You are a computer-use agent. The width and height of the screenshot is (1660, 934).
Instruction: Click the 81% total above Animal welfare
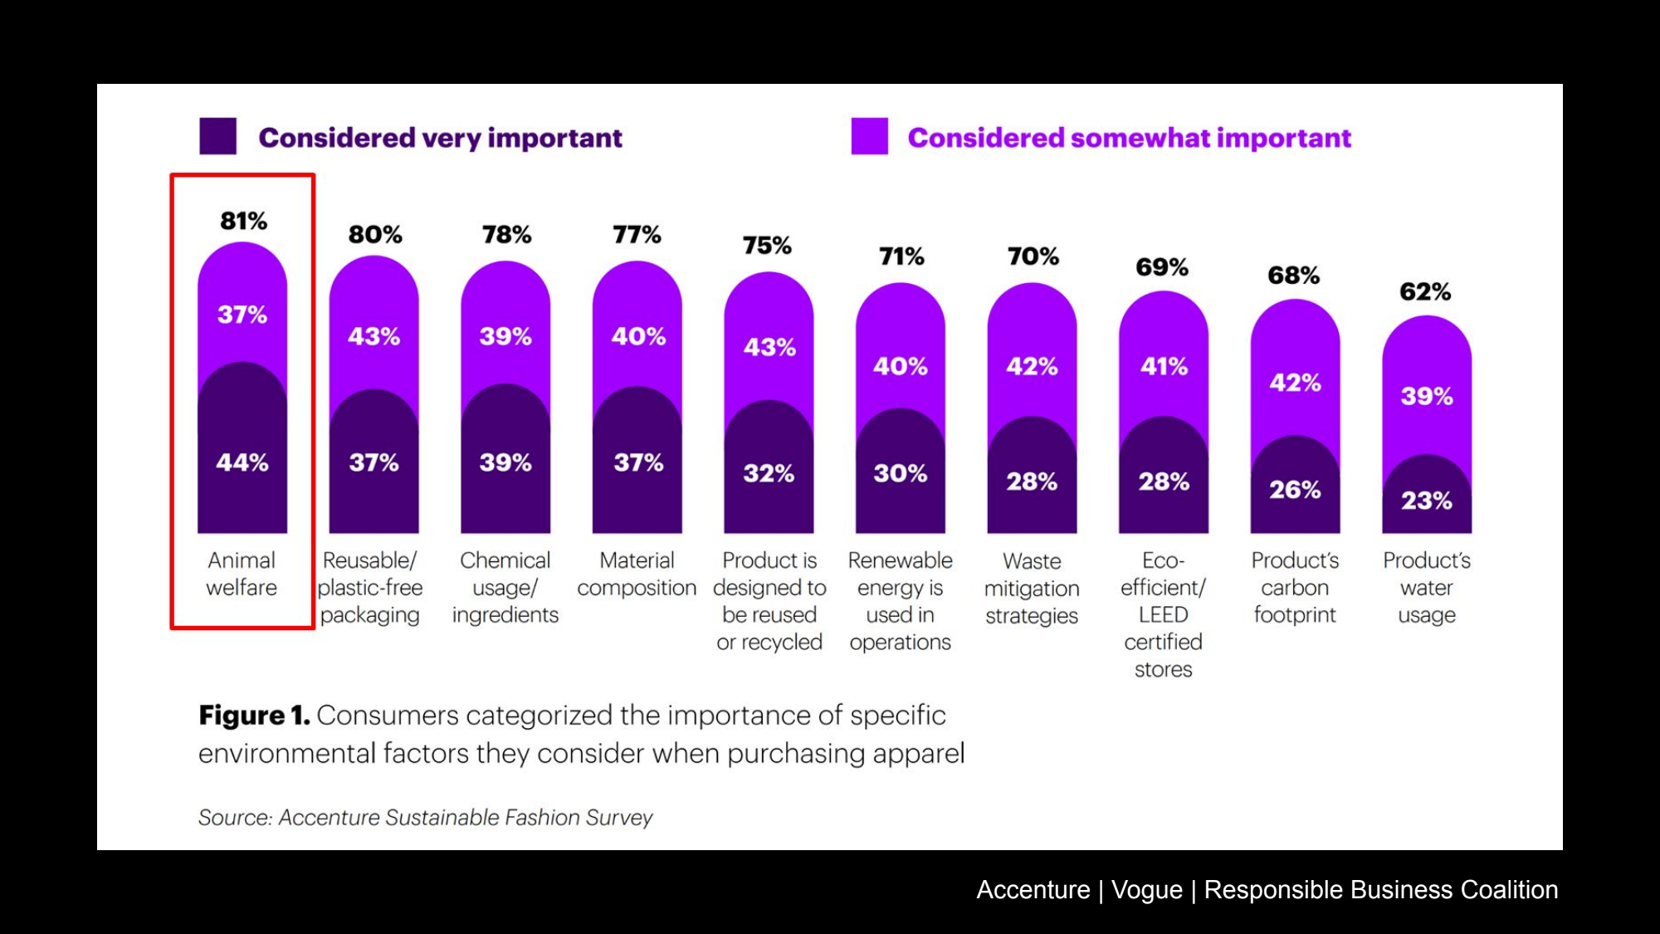tap(243, 221)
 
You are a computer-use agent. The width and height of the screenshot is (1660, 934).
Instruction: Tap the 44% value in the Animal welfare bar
tap(242, 462)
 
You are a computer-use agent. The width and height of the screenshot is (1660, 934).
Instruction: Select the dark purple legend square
tap(217, 136)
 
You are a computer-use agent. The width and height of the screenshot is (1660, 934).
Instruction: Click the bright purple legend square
tap(869, 136)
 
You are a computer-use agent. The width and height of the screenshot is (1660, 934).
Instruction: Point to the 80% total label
tap(375, 234)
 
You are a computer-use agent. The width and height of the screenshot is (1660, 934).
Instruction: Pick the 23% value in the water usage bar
tap(1427, 501)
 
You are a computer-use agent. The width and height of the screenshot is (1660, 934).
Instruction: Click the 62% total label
tap(1425, 291)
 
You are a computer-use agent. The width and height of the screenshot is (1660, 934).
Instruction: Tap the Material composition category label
tap(637, 574)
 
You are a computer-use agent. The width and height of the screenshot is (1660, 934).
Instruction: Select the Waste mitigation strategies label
tap(1032, 588)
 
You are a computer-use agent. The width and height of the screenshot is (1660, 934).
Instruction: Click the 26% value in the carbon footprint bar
tap(1295, 490)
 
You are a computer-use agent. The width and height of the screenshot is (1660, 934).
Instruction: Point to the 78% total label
tap(507, 234)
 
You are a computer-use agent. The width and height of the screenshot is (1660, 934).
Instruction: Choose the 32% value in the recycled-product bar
tap(769, 473)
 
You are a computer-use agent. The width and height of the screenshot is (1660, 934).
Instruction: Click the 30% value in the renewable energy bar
tap(901, 473)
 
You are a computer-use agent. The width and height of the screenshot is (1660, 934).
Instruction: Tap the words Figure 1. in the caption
tap(254, 715)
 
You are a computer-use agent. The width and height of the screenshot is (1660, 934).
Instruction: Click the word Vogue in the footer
tap(1147, 889)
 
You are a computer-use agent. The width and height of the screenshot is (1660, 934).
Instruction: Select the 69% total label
tap(1162, 267)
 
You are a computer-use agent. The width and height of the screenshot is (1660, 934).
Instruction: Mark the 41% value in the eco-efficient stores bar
tap(1164, 366)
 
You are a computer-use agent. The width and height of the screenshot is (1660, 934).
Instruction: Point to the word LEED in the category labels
tap(1163, 614)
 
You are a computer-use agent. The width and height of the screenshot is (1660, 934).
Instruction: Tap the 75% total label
tap(767, 246)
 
